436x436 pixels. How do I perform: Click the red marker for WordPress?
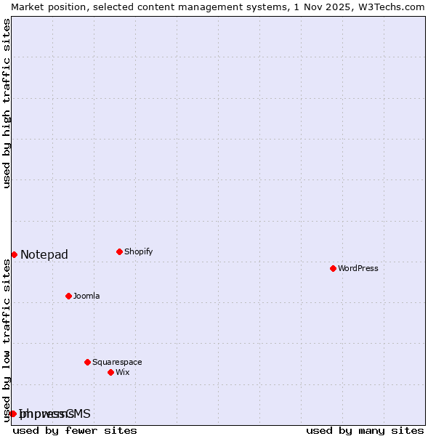[333, 268]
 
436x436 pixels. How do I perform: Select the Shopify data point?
[119, 251]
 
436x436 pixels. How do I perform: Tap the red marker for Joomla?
[68, 296]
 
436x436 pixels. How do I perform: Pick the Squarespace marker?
[87, 362]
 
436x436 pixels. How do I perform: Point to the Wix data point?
[110, 372]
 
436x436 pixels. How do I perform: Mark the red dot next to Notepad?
[14, 254]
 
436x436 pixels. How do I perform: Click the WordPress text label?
[358, 268]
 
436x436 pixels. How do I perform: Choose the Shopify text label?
[138, 251]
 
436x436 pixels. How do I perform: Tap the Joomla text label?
[86, 296]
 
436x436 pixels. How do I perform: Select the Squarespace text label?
[117, 362]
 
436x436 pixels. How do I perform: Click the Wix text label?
[122, 372]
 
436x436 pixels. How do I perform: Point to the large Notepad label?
[44, 254]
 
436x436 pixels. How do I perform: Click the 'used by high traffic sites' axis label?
[7, 103]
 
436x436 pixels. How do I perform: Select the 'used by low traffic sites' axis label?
[7, 340]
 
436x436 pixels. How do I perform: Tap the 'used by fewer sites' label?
[75, 430]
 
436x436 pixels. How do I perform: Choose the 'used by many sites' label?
[365, 430]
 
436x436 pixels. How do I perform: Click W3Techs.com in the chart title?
[389, 7]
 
